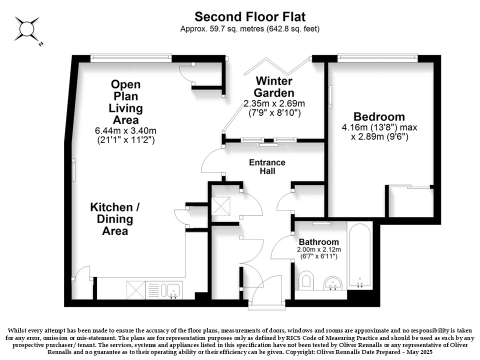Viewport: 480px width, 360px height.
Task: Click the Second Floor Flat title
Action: coord(250,16)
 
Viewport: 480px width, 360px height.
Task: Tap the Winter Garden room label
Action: coord(274,86)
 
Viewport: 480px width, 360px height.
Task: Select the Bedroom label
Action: coord(379,116)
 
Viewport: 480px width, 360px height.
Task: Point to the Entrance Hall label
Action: coord(267,166)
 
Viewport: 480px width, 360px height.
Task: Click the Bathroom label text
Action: coord(318,242)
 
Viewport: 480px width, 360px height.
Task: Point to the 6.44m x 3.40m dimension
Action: coord(125,130)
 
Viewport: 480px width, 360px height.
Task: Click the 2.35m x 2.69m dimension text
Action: coord(274,103)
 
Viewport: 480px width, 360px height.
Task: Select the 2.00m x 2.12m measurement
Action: coord(318,249)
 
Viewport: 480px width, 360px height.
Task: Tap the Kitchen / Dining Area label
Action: coord(115,219)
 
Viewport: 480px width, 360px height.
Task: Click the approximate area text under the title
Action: coord(250,29)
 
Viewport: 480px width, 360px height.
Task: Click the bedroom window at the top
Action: coord(377,57)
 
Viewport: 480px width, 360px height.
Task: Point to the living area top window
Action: coord(131,57)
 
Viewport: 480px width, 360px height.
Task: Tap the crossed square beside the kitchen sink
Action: coord(136,290)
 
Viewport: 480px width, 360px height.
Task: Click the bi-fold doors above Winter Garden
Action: coord(277,66)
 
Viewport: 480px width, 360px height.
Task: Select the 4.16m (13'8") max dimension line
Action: coord(379,127)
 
